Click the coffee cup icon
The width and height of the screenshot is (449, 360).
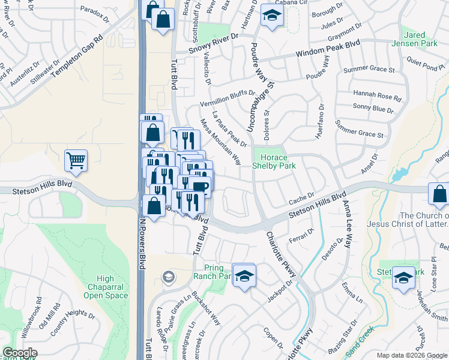pos(200,186)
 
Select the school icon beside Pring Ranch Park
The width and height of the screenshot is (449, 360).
pos(244,275)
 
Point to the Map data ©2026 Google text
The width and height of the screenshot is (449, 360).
pos(411,355)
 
